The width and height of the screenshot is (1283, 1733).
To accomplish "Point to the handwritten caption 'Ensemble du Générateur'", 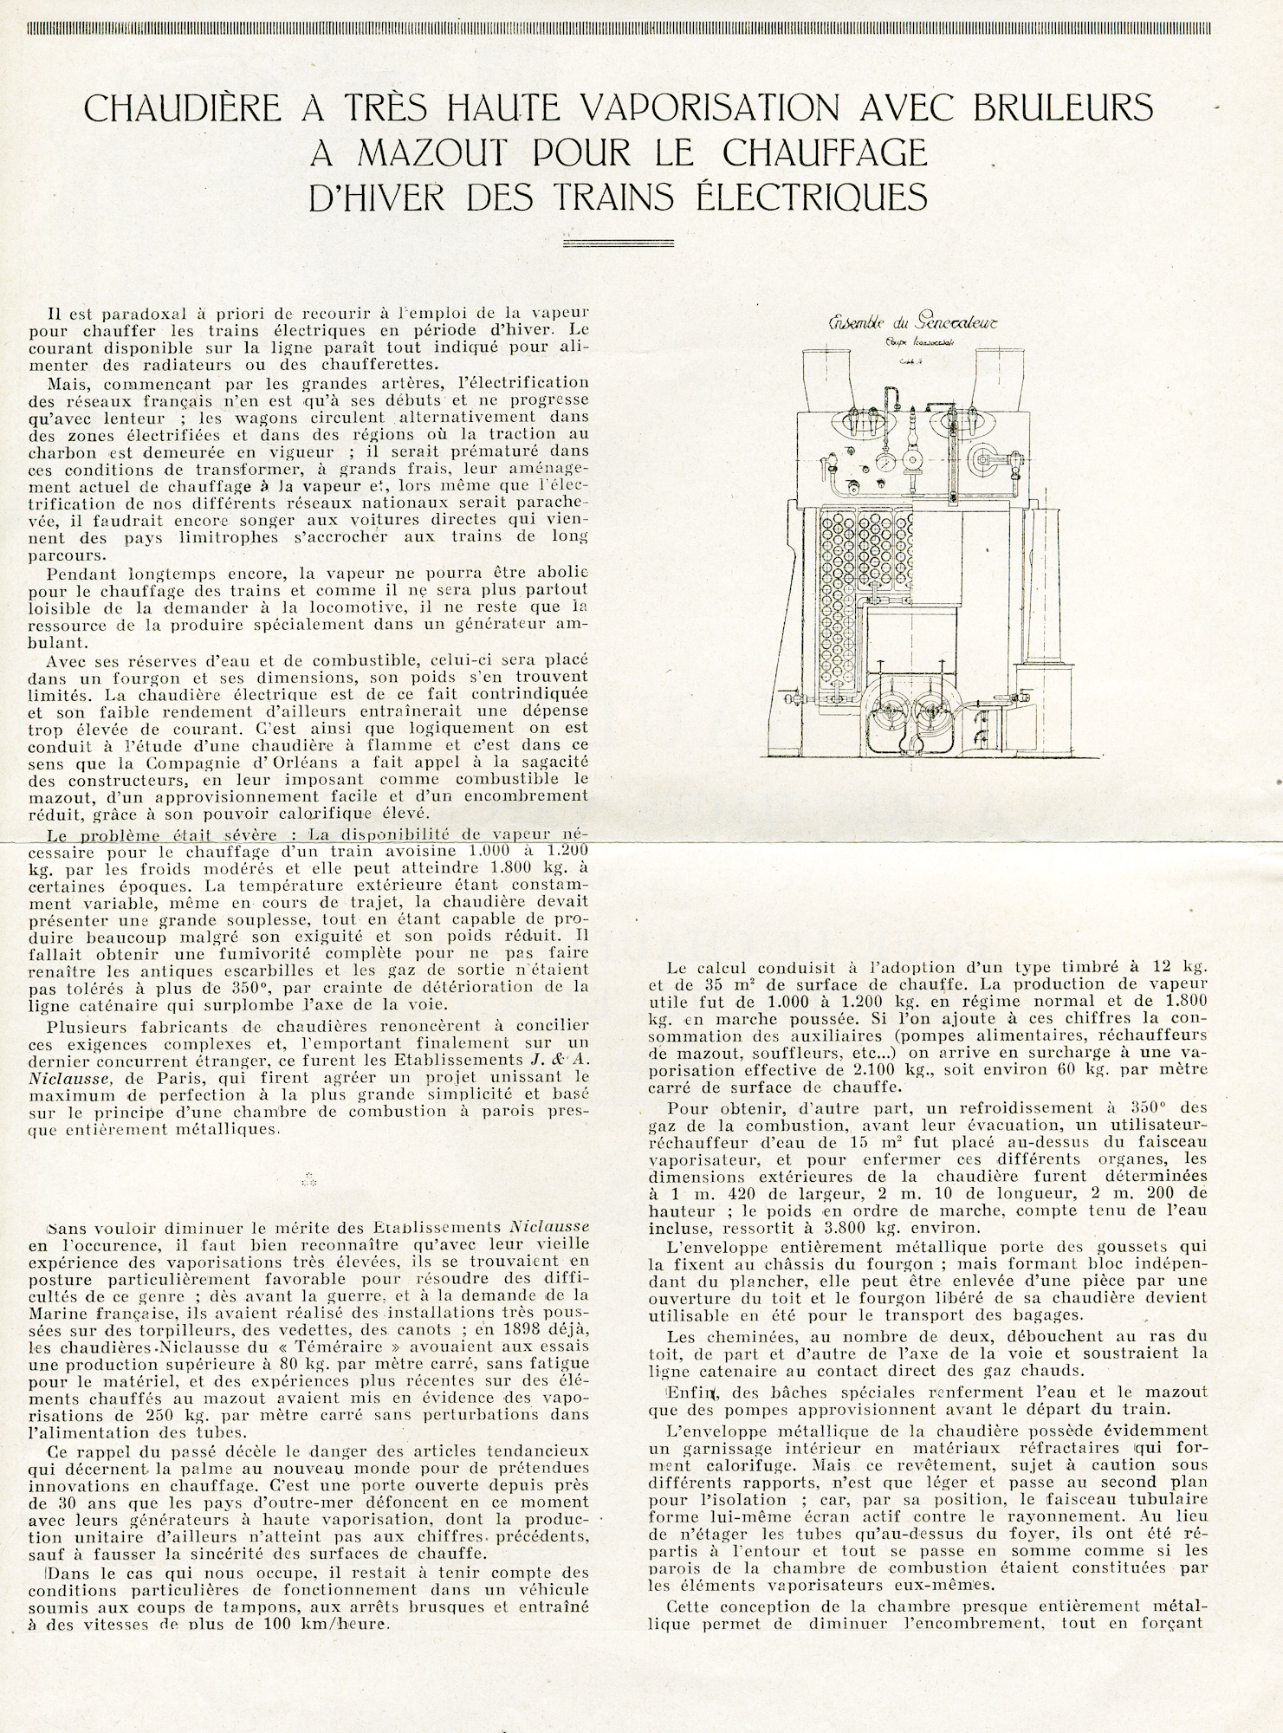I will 913,322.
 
